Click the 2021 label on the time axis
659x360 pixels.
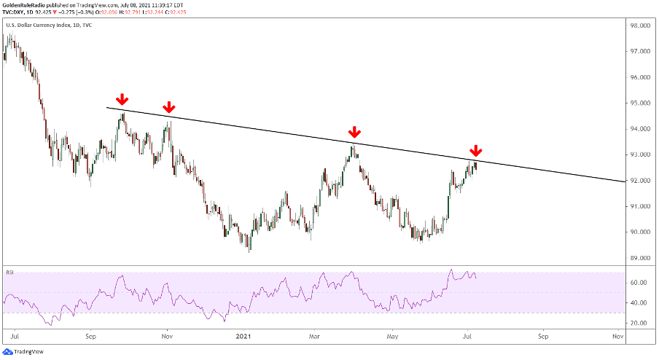click(243, 337)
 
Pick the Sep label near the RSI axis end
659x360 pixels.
click(542, 337)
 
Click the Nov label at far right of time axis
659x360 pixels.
click(618, 337)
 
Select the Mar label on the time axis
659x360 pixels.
click(315, 337)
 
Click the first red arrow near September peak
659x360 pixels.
click(122, 99)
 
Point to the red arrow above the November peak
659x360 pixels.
click(168, 106)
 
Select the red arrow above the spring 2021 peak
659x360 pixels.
click(354, 132)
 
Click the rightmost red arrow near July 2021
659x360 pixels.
click(475, 152)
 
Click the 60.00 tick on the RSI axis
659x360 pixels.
click(641, 282)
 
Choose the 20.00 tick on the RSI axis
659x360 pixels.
click(641, 323)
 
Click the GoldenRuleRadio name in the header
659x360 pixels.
click(26, 4)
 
